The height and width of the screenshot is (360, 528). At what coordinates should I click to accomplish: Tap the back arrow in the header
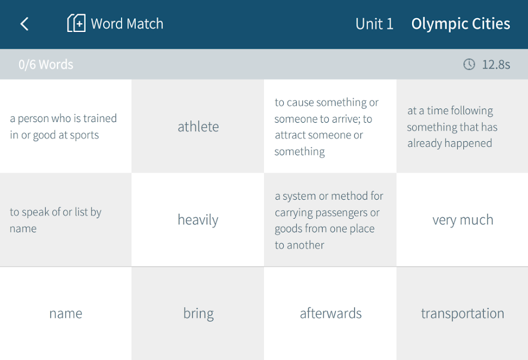[x=24, y=24]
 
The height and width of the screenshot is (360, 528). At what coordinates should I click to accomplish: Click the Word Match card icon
[x=76, y=23]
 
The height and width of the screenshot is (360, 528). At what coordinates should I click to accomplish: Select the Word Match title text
[x=127, y=24]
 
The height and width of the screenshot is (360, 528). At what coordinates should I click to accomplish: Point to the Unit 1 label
[x=374, y=24]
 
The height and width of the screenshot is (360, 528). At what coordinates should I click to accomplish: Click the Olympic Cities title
[x=460, y=24]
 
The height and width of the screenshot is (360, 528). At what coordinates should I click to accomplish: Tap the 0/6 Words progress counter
[x=46, y=64]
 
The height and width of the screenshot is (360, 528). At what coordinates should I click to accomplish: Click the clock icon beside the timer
[x=469, y=64]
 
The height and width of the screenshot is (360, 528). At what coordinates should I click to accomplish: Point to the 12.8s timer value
[x=496, y=64]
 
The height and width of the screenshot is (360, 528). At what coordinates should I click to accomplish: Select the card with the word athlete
[x=198, y=126]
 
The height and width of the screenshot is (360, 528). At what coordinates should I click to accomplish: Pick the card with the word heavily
[x=198, y=220]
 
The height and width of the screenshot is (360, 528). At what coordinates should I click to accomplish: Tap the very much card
[x=462, y=220]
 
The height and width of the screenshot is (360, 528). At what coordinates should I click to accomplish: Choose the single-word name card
[x=66, y=313]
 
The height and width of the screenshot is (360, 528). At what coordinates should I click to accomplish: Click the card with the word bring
[x=198, y=313]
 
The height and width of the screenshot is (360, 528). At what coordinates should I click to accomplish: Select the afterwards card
[x=330, y=313]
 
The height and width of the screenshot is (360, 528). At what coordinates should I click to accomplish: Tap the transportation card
[x=462, y=313]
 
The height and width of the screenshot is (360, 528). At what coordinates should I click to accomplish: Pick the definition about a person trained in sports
[x=66, y=126]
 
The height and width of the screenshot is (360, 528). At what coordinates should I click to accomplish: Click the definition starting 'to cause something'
[x=330, y=126]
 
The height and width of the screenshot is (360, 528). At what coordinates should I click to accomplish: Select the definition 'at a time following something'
[x=462, y=126]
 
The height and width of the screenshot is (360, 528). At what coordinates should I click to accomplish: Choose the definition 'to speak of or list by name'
[x=66, y=220]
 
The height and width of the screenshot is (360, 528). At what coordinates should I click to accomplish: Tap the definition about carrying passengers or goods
[x=330, y=220]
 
